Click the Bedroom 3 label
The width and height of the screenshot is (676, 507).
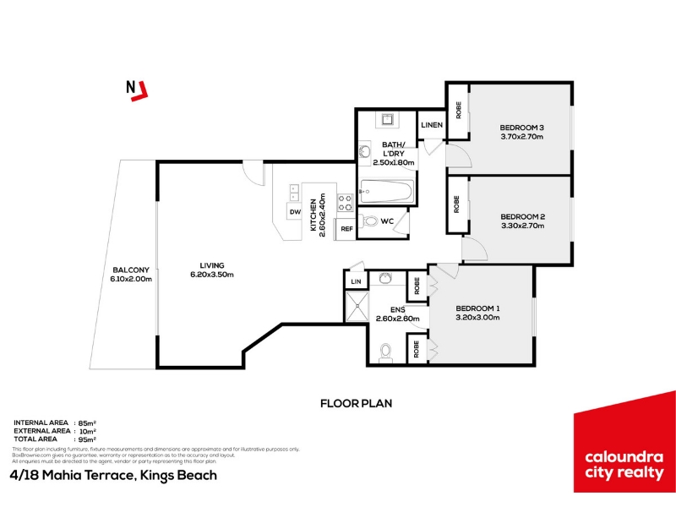(521, 128)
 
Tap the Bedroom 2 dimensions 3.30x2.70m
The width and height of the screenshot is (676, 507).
(522, 226)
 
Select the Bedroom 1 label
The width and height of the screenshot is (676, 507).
(477, 308)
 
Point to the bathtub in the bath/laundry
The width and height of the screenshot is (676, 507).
(386, 191)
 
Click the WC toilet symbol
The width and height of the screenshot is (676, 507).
(369, 221)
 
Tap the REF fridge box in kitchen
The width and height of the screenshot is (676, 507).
(346, 228)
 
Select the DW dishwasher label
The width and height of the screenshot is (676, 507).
(295, 211)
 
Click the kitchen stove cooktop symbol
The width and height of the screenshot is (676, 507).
(345, 202)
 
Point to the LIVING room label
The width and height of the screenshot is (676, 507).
(211, 265)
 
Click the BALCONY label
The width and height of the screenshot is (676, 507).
(131, 270)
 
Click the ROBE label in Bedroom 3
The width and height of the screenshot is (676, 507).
(458, 110)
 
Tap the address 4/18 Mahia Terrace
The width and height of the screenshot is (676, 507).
(113, 475)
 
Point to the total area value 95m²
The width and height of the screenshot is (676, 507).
(84, 439)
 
